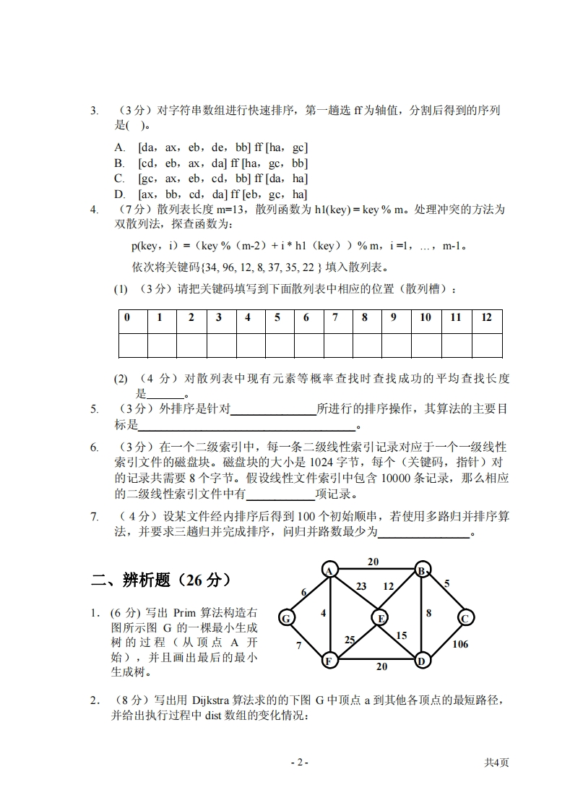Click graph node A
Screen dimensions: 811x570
click(x=329, y=570)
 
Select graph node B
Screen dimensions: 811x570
click(x=422, y=570)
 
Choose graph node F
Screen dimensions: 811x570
click(x=329, y=660)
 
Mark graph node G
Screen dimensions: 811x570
click(x=286, y=618)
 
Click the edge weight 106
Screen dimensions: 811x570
click(x=460, y=645)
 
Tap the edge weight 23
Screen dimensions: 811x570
click(x=361, y=586)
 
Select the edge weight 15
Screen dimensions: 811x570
click(x=402, y=635)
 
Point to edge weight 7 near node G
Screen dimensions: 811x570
click(x=298, y=645)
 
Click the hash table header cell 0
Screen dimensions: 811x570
click(x=127, y=317)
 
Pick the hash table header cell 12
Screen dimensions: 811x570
click(x=486, y=317)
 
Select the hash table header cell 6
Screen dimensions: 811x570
click(x=306, y=317)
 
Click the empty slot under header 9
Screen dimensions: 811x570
click(x=394, y=346)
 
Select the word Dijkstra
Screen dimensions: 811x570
click(x=210, y=700)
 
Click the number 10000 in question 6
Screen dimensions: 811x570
click(x=384, y=478)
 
